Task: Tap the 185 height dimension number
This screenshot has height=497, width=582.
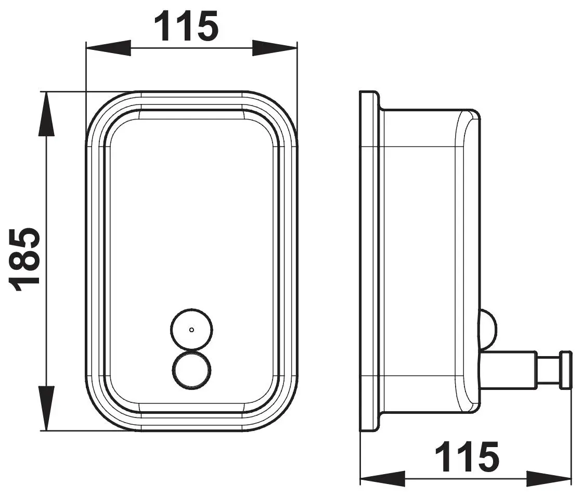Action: click(x=24, y=260)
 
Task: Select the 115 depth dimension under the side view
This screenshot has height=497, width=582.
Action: click(x=467, y=456)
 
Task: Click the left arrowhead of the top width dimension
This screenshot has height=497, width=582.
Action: click(x=109, y=48)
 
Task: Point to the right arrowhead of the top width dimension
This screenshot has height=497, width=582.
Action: click(x=275, y=48)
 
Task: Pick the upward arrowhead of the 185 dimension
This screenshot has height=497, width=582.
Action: click(x=46, y=114)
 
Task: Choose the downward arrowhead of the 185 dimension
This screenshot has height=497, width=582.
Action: click(x=46, y=408)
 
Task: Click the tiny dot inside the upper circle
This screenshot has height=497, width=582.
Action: click(x=191, y=330)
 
